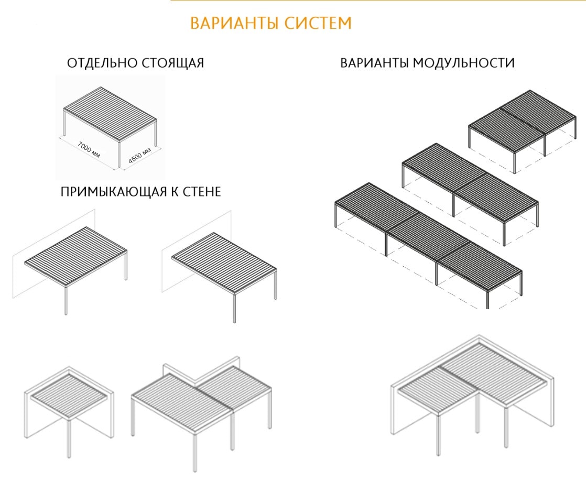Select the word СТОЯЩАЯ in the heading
tap(173, 63)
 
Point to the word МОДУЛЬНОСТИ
tap(464, 63)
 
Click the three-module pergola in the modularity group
tap(427, 244)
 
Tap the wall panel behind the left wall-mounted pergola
tap(24, 262)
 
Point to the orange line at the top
tap(377, 1)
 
